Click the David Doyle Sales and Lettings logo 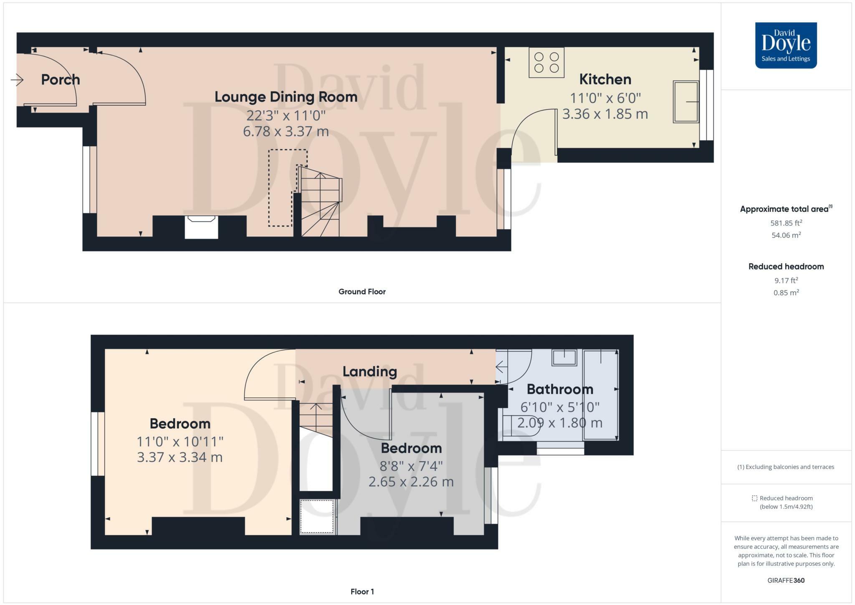(x=786, y=45)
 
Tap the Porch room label (x=61, y=79)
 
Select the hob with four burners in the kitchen (x=546, y=62)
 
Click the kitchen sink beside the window (x=686, y=102)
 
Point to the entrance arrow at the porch (x=17, y=79)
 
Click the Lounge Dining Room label (x=286, y=97)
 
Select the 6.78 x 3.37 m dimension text (x=286, y=131)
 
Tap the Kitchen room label (x=605, y=79)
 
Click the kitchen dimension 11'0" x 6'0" (x=605, y=98)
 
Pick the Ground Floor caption (x=362, y=292)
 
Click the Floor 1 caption (x=362, y=592)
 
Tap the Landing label (x=370, y=371)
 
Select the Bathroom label (x=560, y=389)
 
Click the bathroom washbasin (x=564, y=358)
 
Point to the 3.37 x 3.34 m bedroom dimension (x=180, y=457)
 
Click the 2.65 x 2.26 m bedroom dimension (x=411, y=482)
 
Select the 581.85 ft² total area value (x=786, y=223)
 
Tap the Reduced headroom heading (x=786, y=267)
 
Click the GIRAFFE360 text (x=786, y=580)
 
